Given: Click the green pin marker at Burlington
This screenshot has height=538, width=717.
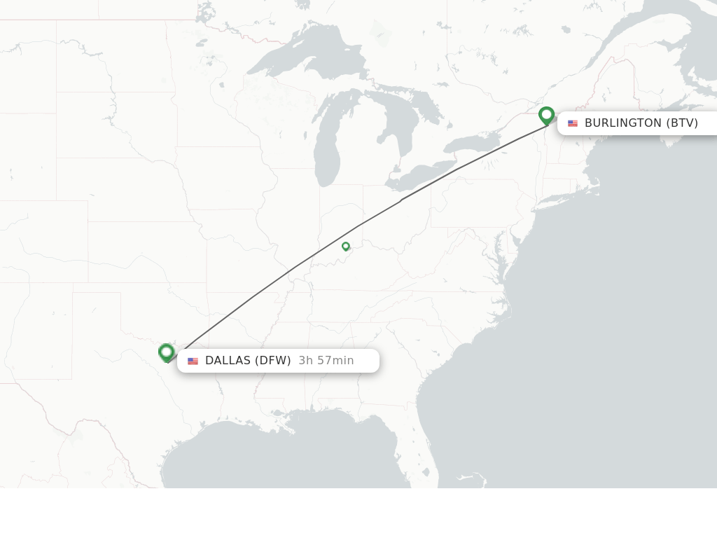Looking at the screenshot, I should click(x=547, y=115).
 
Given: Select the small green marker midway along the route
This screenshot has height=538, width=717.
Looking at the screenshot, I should click(x=346, y=246).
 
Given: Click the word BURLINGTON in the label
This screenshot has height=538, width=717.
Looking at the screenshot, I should click(x=622, y=123).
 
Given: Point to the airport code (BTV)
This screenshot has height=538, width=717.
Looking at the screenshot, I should click(x=681, y=123).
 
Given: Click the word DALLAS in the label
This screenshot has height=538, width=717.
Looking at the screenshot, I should click(x=228, y=361).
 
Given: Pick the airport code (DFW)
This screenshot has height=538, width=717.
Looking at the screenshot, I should click(x=272, y=361).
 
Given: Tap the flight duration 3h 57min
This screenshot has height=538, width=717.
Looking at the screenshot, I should click(x=326, y=361).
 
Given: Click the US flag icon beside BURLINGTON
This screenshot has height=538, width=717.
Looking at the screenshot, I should click(x=573, y=123).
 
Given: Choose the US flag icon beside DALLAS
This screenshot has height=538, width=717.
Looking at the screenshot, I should click(x=193, y=361).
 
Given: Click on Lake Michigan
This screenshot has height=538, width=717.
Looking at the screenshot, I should click(x=326, y=151).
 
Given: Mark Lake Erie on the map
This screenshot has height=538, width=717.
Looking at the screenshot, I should click(x=420, y=175).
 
